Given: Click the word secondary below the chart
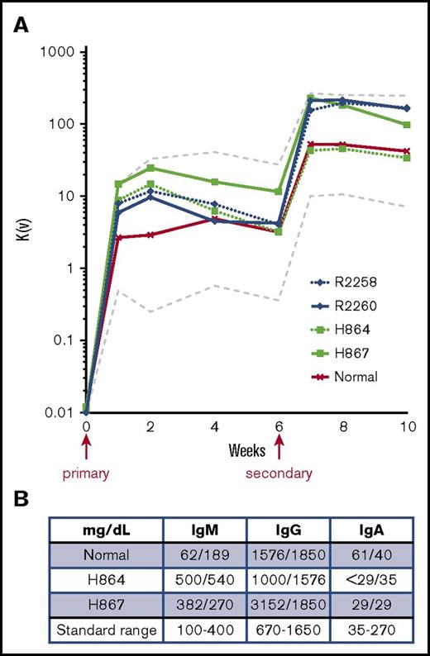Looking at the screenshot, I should (x=279, y=474).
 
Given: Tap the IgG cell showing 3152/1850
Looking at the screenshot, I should (x=278, y=606).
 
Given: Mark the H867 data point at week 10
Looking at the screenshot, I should (x=407, y=125).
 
